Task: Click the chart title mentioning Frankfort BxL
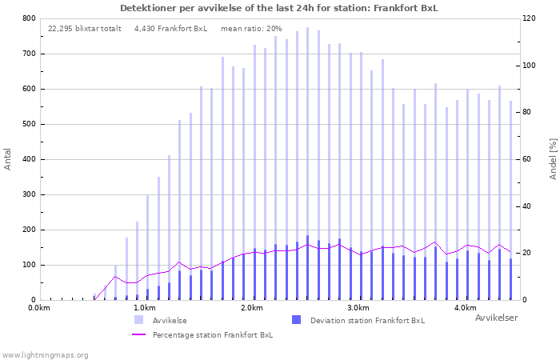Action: point(279,8)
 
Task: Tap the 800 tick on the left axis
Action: point(29,18)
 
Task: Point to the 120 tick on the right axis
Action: point(529,18)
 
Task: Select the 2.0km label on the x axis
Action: point(252,308)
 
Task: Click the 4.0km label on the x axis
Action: point(466,308)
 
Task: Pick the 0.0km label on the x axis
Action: point(39,308)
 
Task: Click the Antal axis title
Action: point(7,159)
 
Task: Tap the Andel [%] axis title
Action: point(553,159)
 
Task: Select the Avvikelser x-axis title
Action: point(497,318)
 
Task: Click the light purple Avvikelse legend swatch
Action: point(138,320)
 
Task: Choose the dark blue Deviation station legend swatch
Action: point(296,320)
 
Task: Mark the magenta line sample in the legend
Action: point(138,334)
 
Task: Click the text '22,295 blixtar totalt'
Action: point(85,29)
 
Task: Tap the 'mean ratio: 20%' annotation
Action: point(251,29)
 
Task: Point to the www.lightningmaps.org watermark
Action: point(44,355)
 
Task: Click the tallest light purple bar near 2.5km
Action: point(307,163)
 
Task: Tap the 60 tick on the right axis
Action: point(526,159)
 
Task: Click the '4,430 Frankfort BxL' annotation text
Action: point(170,29)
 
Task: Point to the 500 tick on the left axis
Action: point(29,124)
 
